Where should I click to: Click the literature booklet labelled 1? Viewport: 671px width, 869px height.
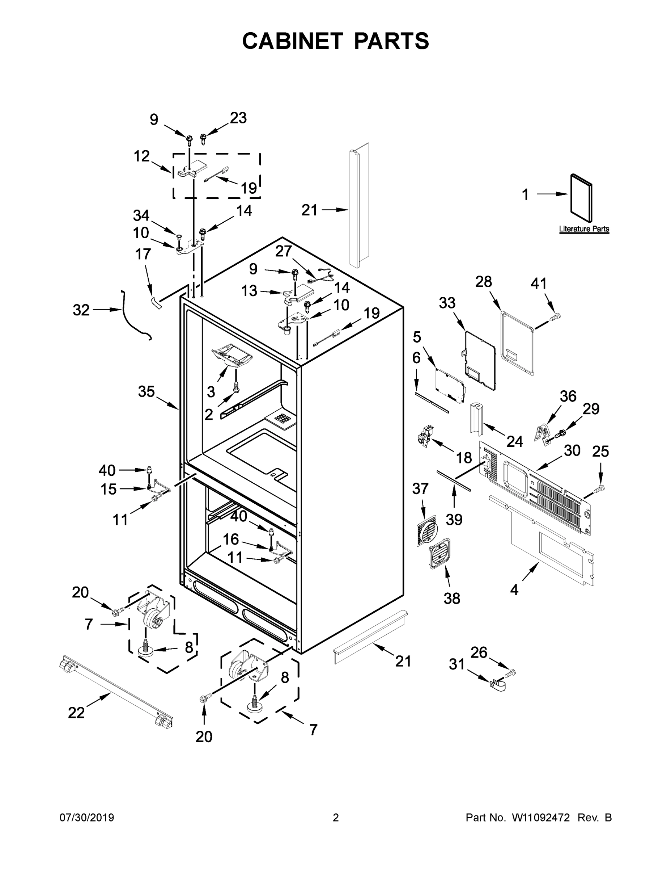click(x=581, y=198)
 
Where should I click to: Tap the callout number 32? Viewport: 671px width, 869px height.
click(x=81, y=310)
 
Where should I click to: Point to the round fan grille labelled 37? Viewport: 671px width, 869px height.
click(x=426, y=531)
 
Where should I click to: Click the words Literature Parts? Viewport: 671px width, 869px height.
click(x=584, y=229)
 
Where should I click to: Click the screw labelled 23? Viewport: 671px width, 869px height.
click(x=203, y=140)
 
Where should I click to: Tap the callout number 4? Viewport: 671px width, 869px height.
click(x=514, y=590)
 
